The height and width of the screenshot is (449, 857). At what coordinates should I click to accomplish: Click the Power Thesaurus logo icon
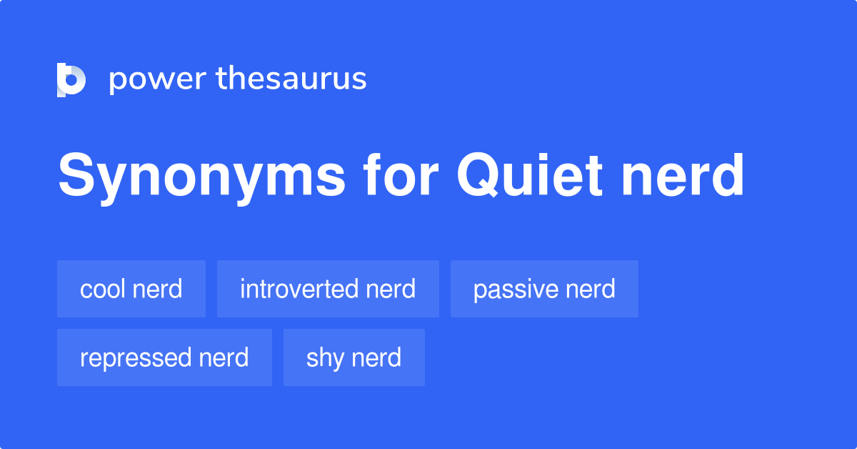coord(71,79)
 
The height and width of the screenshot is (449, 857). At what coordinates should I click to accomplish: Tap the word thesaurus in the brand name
coord(291,78)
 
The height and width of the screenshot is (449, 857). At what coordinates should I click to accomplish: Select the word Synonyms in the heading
coord(201,177)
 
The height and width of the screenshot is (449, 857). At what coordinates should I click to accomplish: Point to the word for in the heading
coord(401,174)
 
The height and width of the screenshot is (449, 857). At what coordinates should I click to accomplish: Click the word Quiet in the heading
coord(530,174)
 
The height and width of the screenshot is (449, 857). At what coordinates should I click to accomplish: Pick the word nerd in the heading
coord(683,174)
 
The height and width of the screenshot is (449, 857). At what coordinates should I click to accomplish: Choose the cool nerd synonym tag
coord(131,289)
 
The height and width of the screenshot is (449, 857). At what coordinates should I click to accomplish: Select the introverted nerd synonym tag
coord(328,289)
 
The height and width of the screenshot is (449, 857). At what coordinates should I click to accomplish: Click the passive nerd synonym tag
coord(544,289)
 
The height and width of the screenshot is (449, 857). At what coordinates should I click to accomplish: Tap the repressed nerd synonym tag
coord(164,357)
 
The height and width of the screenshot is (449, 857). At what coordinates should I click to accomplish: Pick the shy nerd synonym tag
coord(354,357)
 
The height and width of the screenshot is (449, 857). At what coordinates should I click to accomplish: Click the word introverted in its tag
coord(299,288)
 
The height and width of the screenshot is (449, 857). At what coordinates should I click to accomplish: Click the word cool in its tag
coord(103,288)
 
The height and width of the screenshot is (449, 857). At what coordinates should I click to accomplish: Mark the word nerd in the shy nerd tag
coord(376,357)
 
